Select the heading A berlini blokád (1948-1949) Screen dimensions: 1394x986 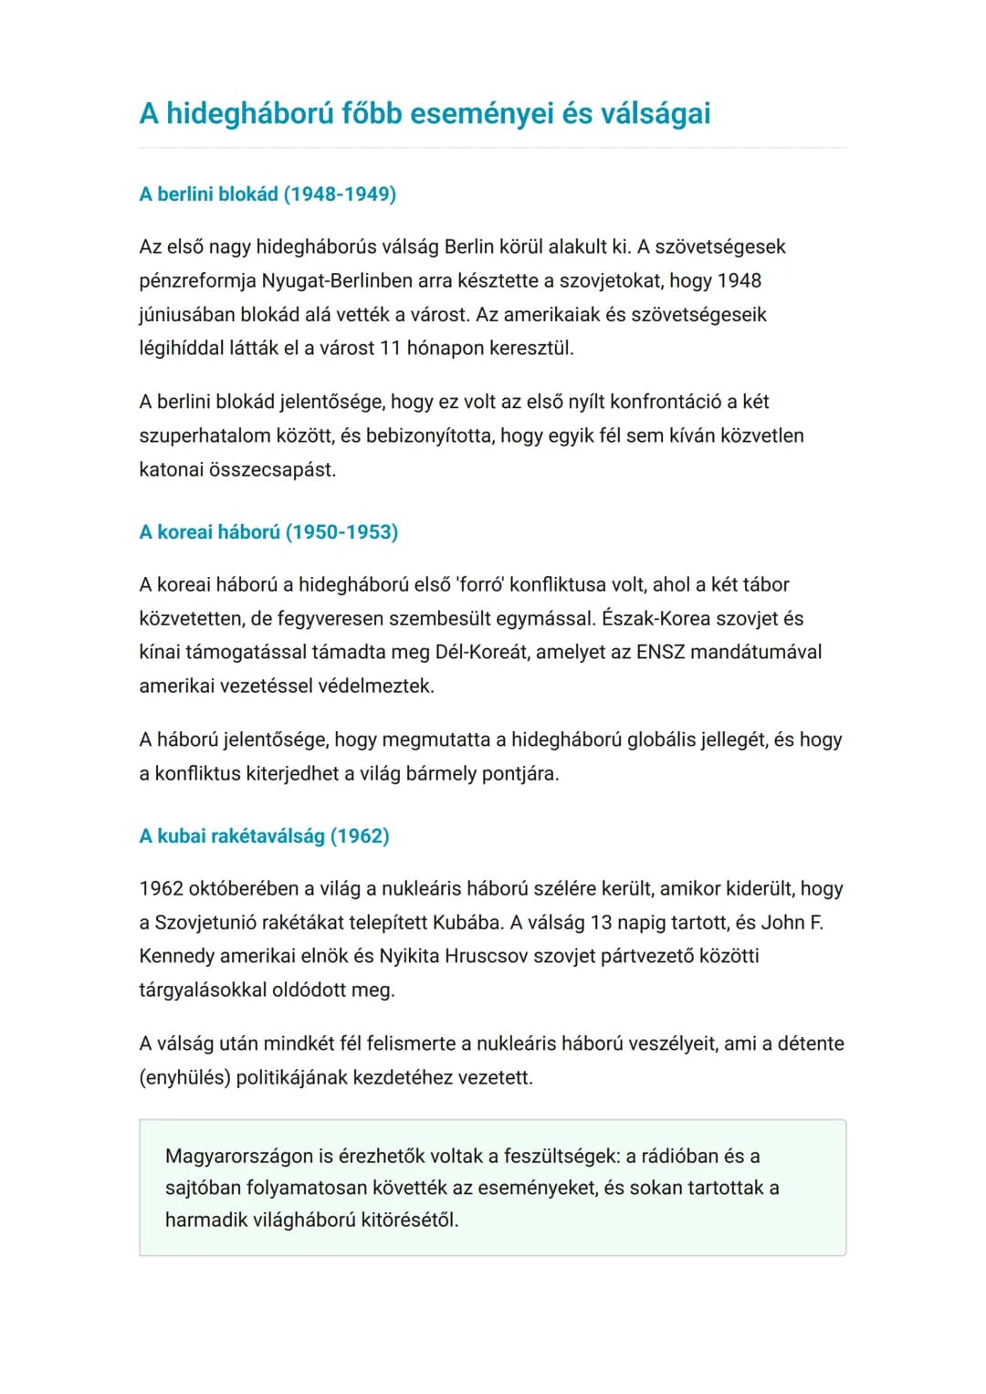267,194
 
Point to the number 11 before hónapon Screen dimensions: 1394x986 390,348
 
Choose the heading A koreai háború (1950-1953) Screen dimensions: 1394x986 268,531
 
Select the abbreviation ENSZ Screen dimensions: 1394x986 660,652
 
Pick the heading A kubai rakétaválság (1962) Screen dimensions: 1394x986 264,835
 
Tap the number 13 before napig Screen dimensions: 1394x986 601,922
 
